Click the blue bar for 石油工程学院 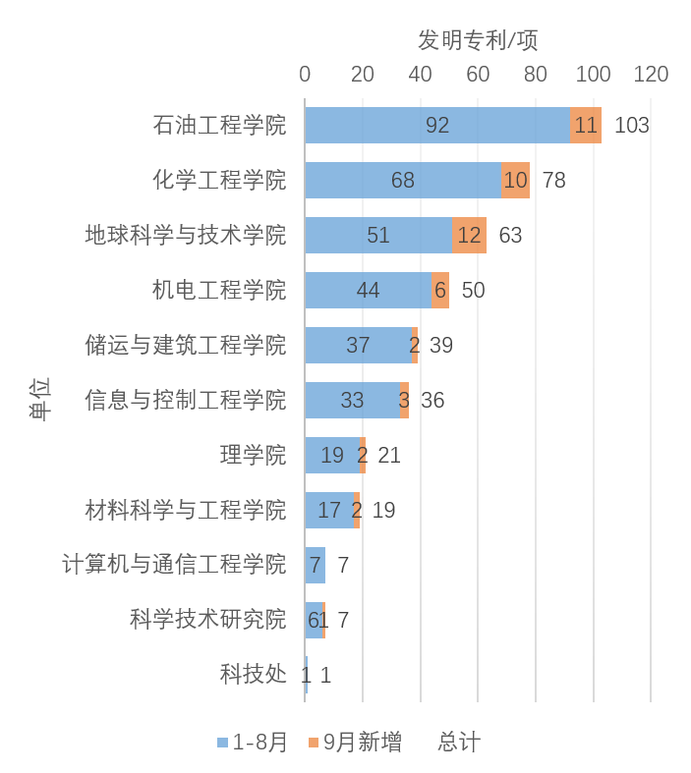(436, 126)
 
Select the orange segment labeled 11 (586, 126)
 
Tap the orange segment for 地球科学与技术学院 (469, 236)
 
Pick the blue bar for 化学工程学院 (402, 181)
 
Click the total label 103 (631, 126)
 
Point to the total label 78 (553, 181)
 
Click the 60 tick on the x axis (478, 75)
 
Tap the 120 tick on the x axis (651, 75)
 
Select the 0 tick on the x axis (305, 75)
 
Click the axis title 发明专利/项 (478, 40)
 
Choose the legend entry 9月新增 (355, 743)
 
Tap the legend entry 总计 (459, 743)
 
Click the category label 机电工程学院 (218, 291)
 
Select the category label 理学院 (253, 456)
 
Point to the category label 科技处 (253, 675)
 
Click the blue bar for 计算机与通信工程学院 (315, 565)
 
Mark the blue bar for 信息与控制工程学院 (352, 401)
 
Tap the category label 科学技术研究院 (207, 620)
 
